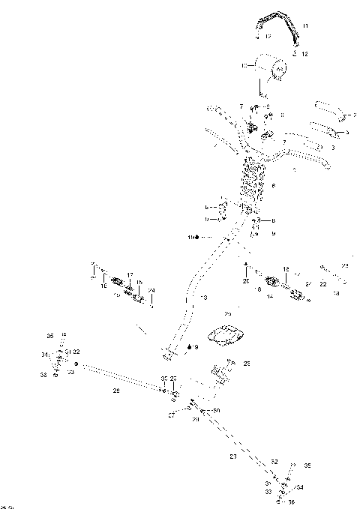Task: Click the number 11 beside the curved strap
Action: tap(304, 26)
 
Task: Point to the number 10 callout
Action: tap(244, 67)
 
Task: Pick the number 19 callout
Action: tap(191, 238)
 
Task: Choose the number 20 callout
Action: tap(245, 280)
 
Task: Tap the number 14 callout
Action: tap(268, 297)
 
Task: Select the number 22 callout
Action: tap(323, 284)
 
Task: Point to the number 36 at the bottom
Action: tap(291, 502)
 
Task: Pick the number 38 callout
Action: tap(43, 374)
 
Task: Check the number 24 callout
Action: tap(151, 290)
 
